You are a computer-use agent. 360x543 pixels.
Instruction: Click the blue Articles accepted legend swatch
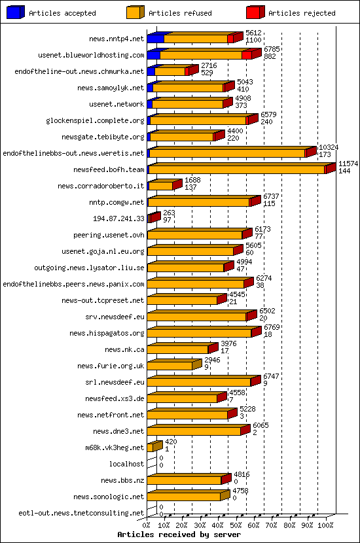pos(16,12)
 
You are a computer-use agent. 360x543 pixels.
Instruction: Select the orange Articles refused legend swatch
pos(135,12)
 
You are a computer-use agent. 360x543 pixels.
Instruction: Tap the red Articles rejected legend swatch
pos(255,12)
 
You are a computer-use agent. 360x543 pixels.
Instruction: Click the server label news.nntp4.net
pos(117,39)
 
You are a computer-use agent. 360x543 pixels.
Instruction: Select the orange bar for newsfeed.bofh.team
pos(236,169)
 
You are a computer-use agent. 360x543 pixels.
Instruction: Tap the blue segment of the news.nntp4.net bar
pos(155,39)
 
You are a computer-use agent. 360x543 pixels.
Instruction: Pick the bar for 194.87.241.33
pos(153,219)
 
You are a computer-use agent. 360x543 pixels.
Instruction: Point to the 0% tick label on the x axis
pos(147,525)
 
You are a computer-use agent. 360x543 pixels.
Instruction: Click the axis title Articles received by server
pos(179,534)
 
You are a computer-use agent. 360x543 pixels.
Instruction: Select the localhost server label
pos(127,464)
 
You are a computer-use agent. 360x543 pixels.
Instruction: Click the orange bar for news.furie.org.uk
pos(171,366)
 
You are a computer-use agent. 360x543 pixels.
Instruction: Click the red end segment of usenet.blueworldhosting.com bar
pos(247,55)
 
